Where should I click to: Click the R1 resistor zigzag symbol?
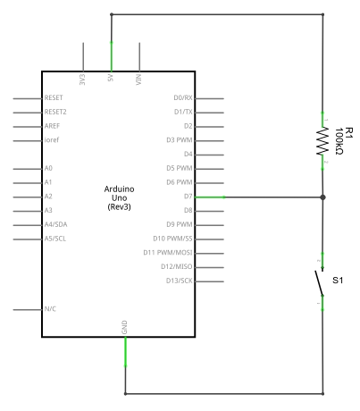click(x=322, y=141)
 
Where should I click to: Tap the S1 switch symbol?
click(x=320, y=282)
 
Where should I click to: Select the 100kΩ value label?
click(x=339, y=141)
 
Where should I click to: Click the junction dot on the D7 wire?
click(x=322, y=197)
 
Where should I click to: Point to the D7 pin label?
click(x=188, y=197)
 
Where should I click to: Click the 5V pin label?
click(x=111, y=78)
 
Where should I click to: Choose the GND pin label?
click(x=124, y=327)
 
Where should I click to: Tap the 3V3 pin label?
click(x=82, y=80)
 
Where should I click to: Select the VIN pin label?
click(x=138, y=80)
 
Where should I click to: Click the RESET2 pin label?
click(x=55, y=112)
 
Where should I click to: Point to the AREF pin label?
click(x=52, y=126)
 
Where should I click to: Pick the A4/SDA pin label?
click(x=55, y=224)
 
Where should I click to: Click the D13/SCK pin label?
click(x=180, y=281)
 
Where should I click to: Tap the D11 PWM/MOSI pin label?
click(x=168, y=253)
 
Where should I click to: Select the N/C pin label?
click(x=50, y=309)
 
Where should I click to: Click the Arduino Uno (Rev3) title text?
click(x=119, y=197)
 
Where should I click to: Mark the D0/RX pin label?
click(x=183, y=97)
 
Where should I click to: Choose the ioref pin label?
click(x=52, y=139)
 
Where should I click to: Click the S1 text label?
click(x=338, y=281)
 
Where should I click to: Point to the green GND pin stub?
click(x=125, y=351)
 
